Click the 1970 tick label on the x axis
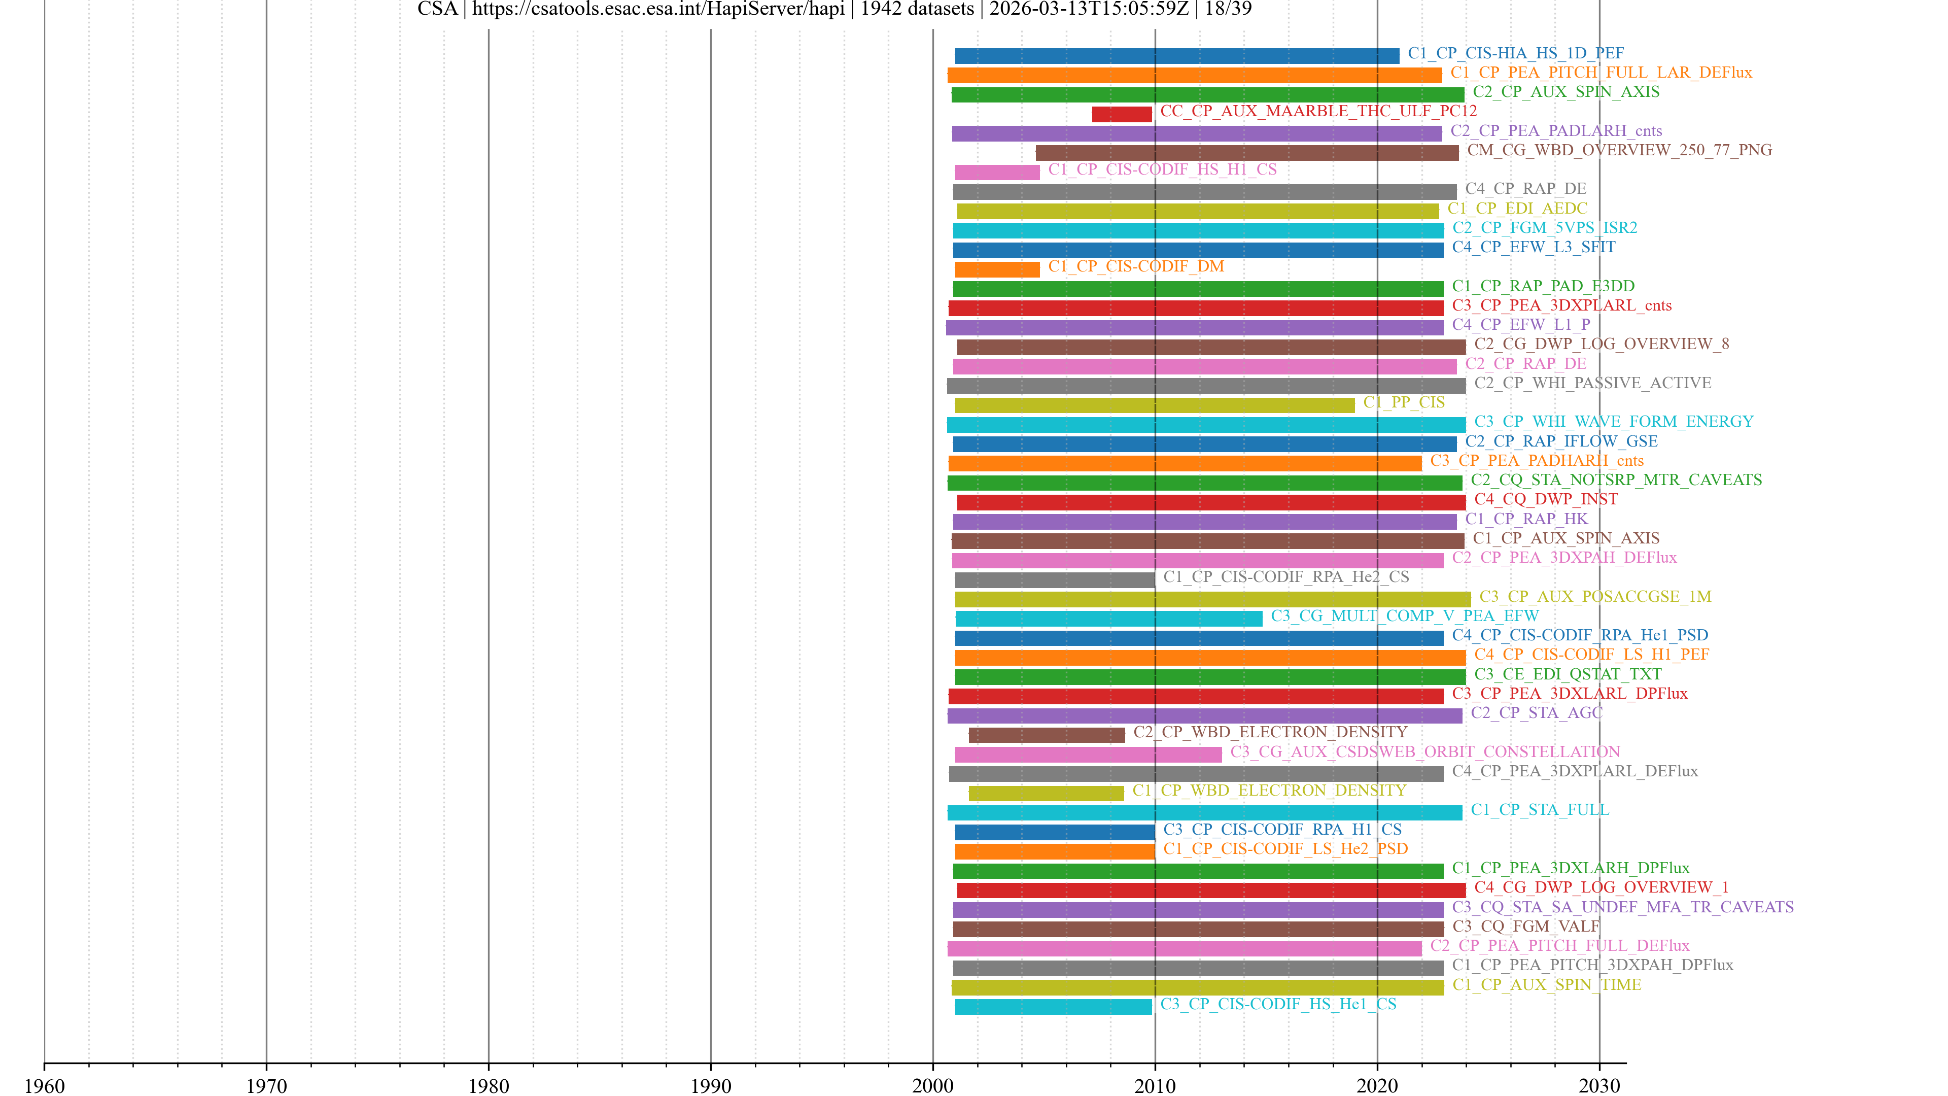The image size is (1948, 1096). click(266, 1085)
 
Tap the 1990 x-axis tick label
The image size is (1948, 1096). click(710, 1085)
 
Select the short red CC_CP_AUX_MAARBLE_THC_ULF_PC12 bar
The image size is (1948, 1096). click(1122, 114)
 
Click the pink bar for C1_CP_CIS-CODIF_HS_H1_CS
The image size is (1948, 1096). click(997, 173)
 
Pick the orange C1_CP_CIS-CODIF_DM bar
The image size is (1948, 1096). click(997, 269)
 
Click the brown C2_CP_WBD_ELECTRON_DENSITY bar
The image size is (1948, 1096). click(1047, 735)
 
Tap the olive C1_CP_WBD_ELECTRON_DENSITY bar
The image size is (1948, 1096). click(1046, 794)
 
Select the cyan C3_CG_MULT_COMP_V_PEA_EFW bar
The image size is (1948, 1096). click(1108, 619)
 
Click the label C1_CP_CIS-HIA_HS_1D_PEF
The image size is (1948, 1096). click(1515, 53)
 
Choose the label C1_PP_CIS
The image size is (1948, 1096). click(1404, 402)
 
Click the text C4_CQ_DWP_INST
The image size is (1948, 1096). click(1546, 499)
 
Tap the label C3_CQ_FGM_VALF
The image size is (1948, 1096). click(1525, 926)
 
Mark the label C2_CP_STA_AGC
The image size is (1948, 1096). click(1536, 712)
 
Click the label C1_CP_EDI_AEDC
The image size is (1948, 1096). click(1517, 208)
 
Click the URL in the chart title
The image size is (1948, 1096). click(658, 9)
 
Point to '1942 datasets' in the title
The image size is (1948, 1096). click(917, 9)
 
